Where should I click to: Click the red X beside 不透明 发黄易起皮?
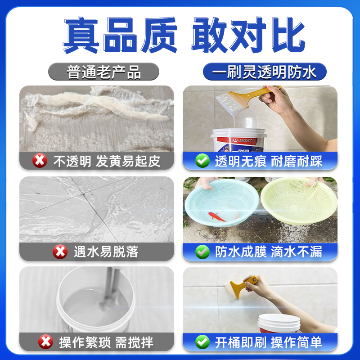40,160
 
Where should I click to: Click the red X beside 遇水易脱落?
60,252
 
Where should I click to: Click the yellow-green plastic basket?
293,202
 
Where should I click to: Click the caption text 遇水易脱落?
106,252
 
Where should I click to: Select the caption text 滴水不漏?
297,252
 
